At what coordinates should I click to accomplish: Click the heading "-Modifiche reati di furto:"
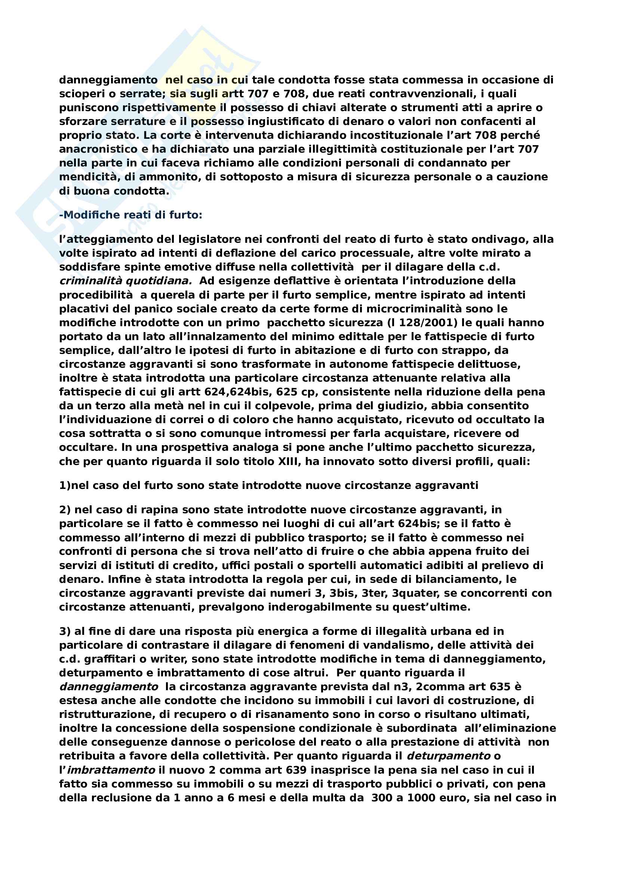130,215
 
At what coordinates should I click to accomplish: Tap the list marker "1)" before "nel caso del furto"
65,486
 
